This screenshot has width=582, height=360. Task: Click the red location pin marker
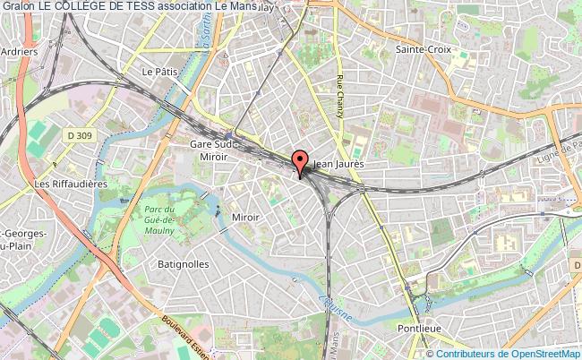pos(300,163)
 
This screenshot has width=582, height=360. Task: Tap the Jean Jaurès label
pos(338,165)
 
